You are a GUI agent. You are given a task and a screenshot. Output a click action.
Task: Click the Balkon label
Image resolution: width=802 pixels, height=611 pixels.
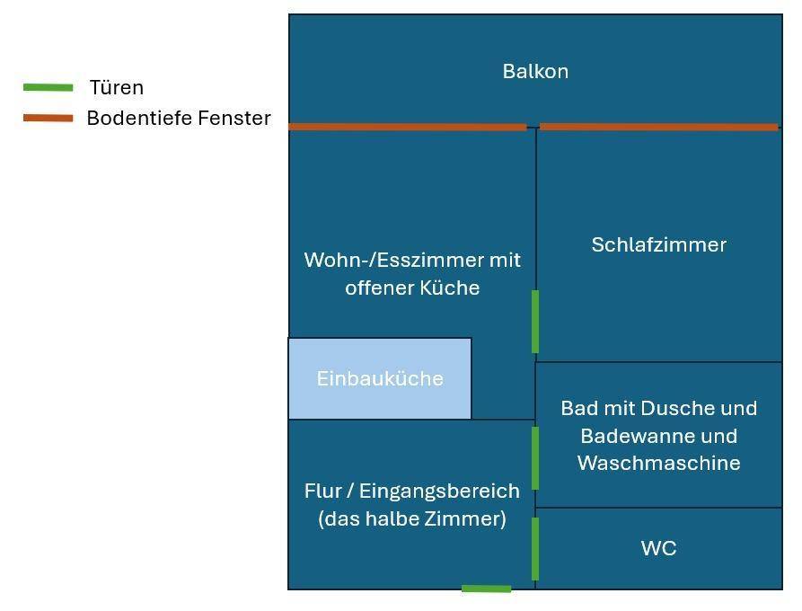click(x=535, y=72)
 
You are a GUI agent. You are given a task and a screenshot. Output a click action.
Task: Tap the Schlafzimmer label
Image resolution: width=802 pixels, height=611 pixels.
click(x=658, y=244)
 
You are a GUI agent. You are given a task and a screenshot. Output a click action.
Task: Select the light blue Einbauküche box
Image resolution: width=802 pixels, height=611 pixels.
click(x=380, y=378)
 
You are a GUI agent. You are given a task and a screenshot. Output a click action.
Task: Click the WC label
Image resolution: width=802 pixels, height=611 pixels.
click(x=658, y=548)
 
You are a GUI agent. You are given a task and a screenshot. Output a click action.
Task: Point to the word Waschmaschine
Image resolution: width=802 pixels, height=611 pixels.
click(x=658, y=463)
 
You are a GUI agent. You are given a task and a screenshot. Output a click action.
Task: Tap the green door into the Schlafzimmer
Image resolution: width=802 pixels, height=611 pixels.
click(x=535, y=321)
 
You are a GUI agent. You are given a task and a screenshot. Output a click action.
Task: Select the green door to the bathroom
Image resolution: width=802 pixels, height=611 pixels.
click(x=535, y=457)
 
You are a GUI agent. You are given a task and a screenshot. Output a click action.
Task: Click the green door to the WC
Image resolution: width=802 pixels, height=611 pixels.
click(x=535, y=548)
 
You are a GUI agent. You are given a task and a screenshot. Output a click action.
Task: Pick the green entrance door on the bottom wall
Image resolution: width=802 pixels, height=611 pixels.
click(x=486, y=589)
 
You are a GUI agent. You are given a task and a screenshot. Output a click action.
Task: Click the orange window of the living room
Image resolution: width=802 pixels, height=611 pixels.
click(x=407, y=127)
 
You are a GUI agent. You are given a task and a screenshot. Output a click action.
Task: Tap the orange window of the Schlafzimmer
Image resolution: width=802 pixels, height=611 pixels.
click(x=658, y=127)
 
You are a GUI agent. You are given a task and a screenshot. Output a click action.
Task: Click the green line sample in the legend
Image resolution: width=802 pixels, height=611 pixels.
click(x=48, y=87)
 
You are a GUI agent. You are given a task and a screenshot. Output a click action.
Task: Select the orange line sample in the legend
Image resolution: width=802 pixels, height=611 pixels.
click(x=48, y=118)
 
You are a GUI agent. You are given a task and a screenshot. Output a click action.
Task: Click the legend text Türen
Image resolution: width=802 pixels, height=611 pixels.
click(x=116, y=87)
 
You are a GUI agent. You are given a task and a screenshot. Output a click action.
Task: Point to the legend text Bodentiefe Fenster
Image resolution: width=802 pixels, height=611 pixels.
click(x=179, y=118)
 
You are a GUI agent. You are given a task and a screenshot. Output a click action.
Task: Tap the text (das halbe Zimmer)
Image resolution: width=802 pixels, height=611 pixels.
click(x=412, y=518)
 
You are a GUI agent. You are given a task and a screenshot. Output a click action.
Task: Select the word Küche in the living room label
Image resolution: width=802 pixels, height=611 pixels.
click(x=451, y=288)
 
